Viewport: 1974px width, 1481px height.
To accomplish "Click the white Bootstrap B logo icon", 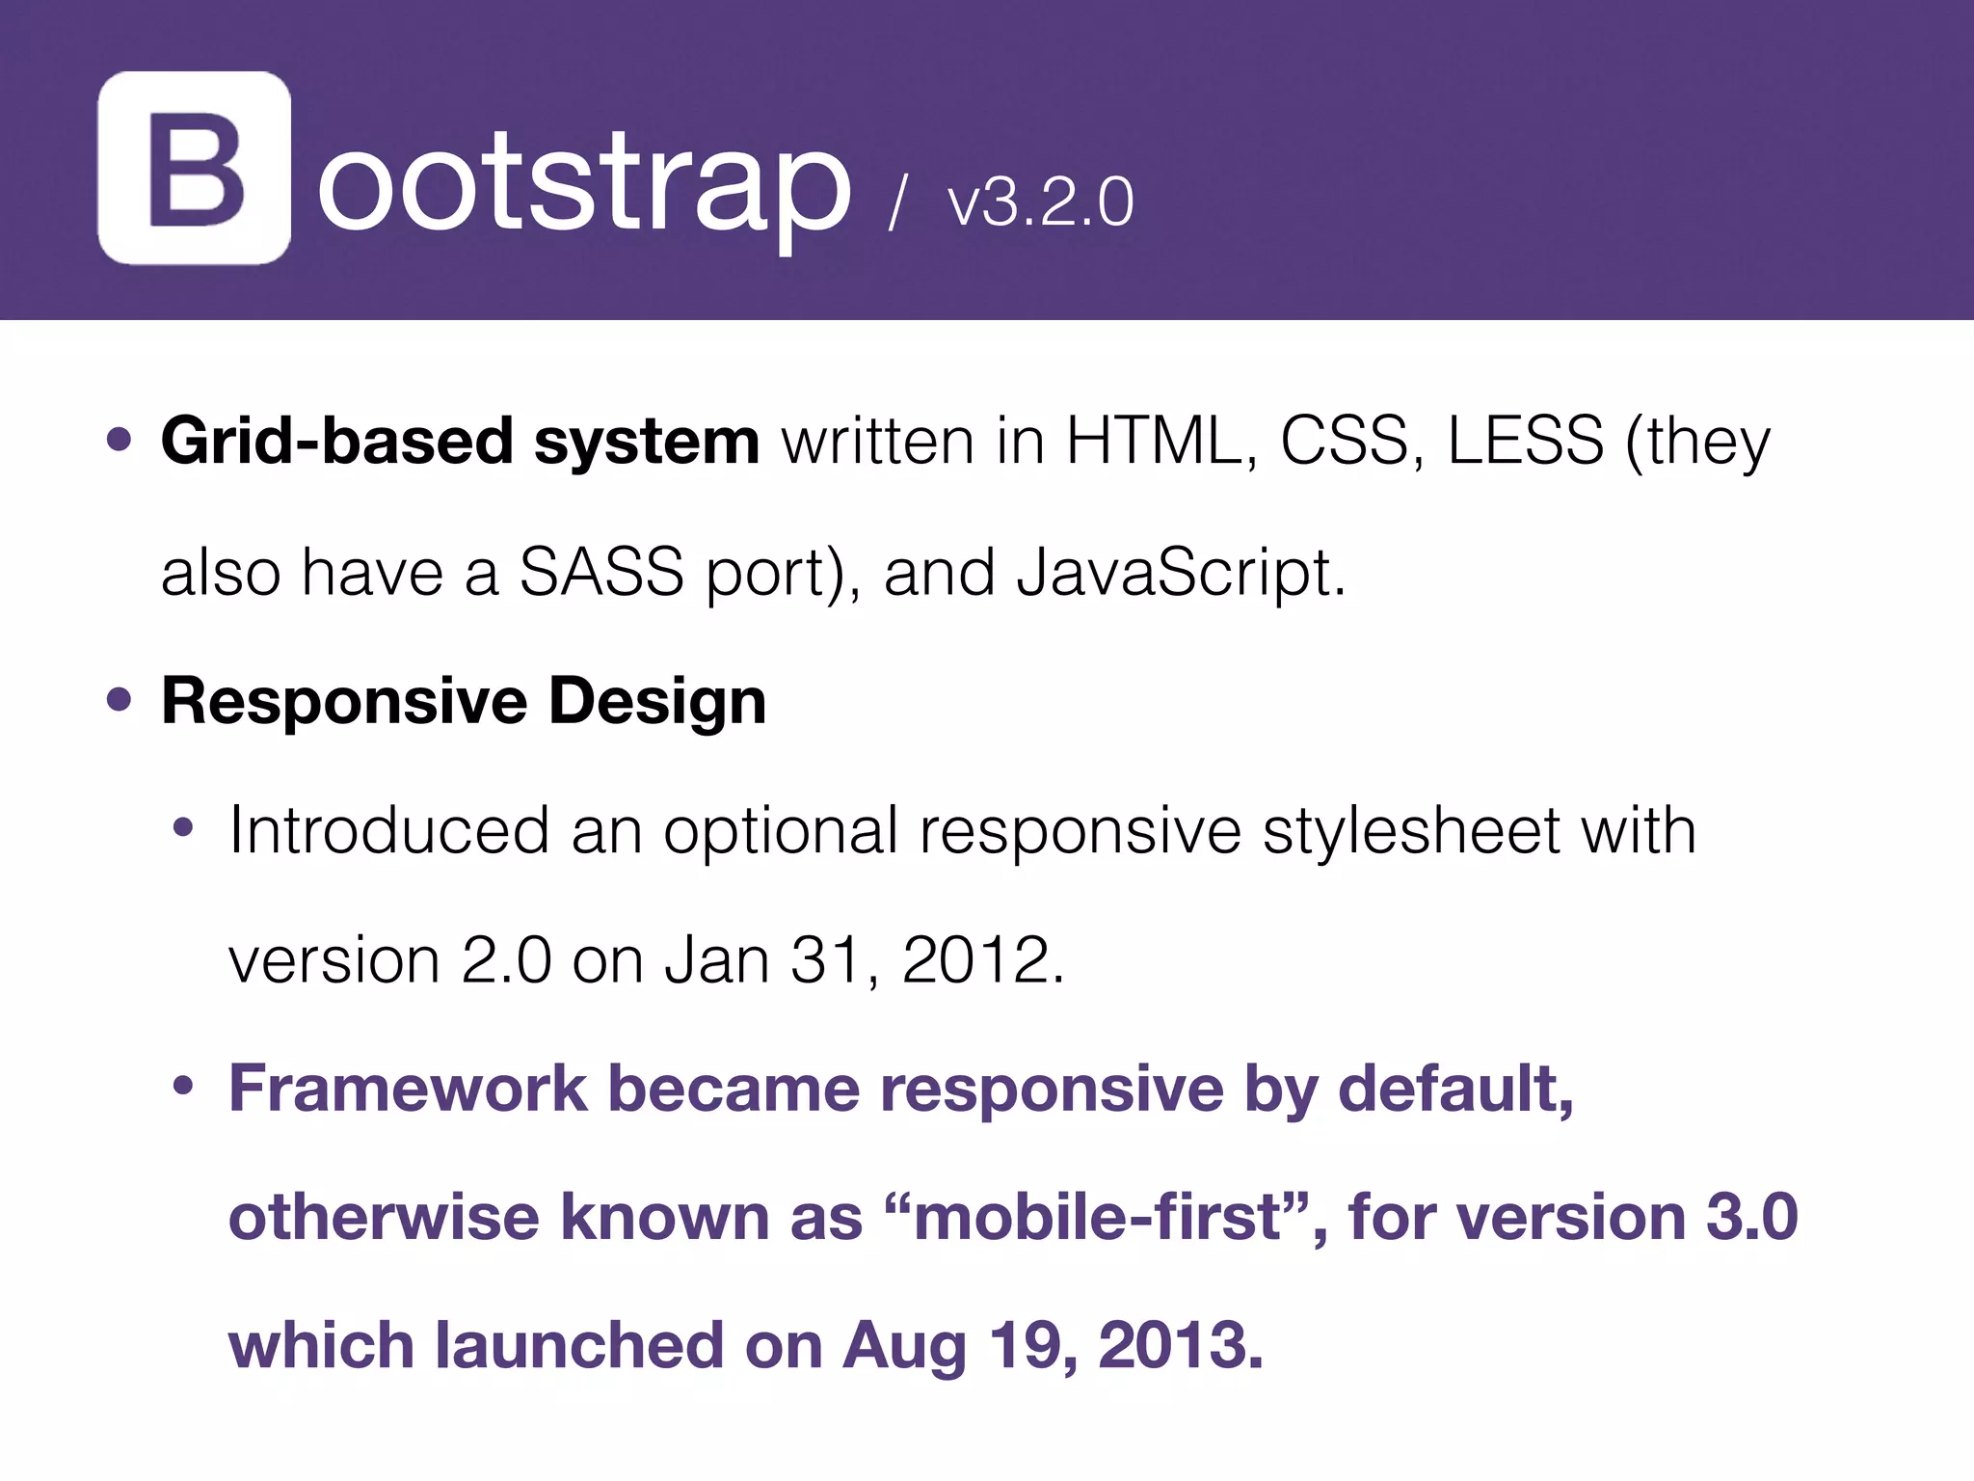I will [194, 168].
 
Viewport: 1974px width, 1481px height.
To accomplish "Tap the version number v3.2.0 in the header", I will [1040, 202].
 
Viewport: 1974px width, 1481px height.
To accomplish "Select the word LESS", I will [1525, 442].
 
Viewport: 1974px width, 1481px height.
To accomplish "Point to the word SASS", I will [601, 572].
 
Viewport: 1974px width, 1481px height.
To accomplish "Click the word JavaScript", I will [1180, 574].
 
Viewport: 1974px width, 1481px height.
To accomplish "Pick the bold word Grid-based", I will [336, 442].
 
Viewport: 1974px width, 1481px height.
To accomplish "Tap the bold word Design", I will [657, 701].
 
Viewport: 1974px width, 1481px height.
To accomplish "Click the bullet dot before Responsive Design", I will [119, 701].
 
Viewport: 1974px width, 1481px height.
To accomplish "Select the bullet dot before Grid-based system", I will [119, 442].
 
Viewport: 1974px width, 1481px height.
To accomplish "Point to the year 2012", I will [982, 960].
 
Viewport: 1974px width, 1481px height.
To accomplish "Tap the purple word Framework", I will [408, 1090].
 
